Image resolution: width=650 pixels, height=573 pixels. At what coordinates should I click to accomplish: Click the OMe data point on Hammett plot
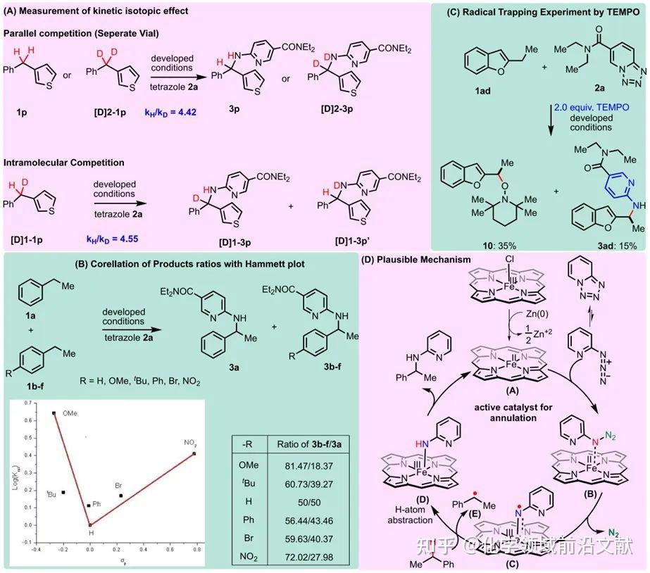coord(54,413)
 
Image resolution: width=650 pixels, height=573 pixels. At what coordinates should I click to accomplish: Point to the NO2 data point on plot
coord(194,453)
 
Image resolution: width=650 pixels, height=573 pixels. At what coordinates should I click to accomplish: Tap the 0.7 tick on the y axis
coord(22,403)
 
